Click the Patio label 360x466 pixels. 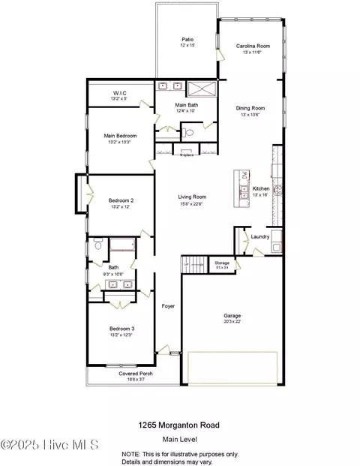point(187,40)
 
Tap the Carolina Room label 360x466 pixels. point(252,47)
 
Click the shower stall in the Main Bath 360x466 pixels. point(199,89)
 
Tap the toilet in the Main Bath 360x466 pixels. point(189,132)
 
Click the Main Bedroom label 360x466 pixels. point(120,136)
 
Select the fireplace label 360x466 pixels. point(187,155)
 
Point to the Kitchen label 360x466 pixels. point(261,188)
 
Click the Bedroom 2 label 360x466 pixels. point(121,200)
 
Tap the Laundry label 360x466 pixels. point(260,237)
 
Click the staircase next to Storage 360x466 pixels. point(194,263)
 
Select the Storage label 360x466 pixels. point(222,263)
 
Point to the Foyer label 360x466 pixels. point(169,306)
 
